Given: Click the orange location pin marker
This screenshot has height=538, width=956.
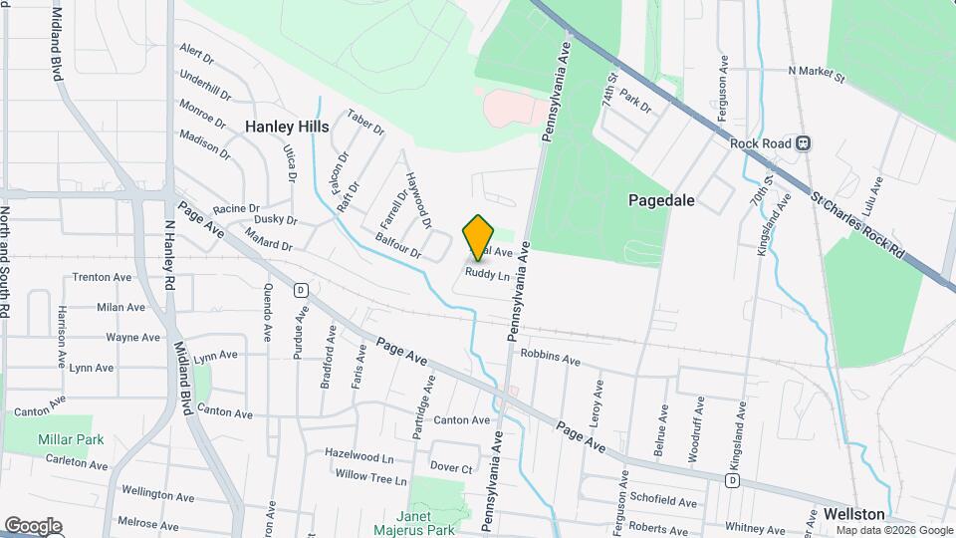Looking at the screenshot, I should point(479,237).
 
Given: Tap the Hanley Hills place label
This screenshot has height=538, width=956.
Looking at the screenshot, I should point(287,127).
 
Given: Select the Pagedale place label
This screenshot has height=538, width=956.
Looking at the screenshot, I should point(661,200).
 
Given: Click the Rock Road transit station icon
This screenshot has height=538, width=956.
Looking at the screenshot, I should point(803,143).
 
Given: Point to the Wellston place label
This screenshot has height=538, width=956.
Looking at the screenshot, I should point(853,514).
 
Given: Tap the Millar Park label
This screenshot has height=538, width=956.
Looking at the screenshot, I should point(71,439).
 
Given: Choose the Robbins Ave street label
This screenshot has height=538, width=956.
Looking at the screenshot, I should point(550,357).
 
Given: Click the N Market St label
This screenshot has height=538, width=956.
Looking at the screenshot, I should point(816,73).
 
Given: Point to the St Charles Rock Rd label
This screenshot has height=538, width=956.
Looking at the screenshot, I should point(858,226).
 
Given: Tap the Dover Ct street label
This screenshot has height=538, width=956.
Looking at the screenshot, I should point(450,467).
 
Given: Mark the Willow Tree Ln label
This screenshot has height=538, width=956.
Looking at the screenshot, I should point(371,478).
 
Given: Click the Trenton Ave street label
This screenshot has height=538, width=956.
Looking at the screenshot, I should point(102,277).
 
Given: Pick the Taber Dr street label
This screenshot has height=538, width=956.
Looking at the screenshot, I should point(365,123).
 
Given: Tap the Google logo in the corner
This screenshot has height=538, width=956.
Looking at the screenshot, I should point(33,526).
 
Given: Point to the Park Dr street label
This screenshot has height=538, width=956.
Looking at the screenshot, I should point(634,101).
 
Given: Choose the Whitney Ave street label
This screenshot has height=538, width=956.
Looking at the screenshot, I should point(756,528).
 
